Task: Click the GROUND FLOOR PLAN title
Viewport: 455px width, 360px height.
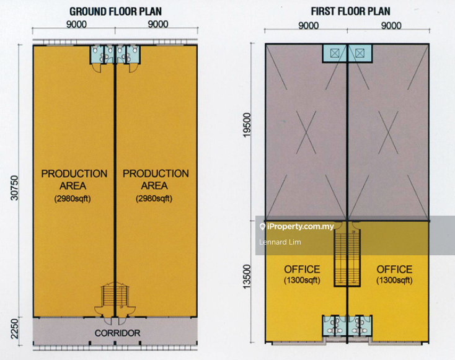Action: [x=115, y=12]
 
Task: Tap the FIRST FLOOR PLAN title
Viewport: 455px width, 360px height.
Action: [x=350, y=11]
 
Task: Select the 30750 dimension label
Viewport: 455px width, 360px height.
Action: [x=14, y=188]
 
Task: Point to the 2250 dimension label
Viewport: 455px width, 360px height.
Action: [x=14, y=328]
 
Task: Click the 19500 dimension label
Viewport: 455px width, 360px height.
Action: [x=247, y=125]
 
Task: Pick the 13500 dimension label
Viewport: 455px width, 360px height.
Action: [x=247, y=276]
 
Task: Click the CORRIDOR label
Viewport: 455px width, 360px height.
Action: [x=117, y=333]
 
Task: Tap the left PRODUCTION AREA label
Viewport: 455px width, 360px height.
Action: [x=74, y=186]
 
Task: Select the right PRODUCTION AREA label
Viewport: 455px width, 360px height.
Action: [x=156, y=186]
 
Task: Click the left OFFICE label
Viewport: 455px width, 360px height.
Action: [x=302, y=274]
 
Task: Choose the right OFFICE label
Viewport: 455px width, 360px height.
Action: [x=394, y=274]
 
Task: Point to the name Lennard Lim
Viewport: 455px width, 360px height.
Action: [x=280, y=242]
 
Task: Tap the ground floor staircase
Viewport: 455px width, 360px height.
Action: [x=115, y=296]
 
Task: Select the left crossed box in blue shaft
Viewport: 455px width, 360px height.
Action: [x=335, y=53]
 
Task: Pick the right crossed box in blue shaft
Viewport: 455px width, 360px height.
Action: [x=360, y=53]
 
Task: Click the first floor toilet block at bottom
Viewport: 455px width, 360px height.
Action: [x=347, y=325]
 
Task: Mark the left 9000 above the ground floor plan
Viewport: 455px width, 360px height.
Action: [x=76, y=24]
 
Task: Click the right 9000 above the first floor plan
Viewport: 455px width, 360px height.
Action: [x=391, y=25]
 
